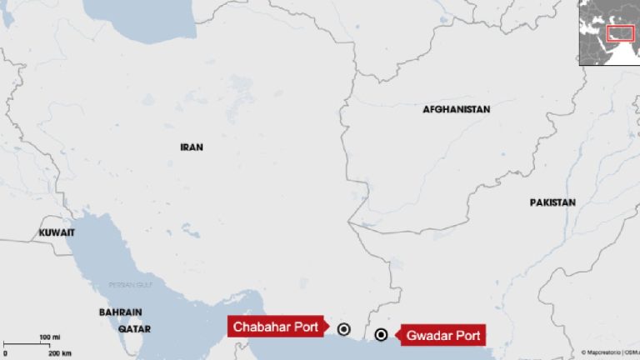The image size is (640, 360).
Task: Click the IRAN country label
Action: click(x=191, y=147)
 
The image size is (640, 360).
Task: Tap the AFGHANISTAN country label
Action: click(x=456, y=109)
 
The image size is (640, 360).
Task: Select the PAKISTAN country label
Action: click(x=552, y=202)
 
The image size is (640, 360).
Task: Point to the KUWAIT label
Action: click(x=57, y=232)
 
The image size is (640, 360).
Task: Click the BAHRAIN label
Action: click(x=120, y=312)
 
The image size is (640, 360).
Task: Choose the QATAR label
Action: click(x=134, y=330)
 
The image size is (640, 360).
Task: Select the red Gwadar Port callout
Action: click(x=441, y=337)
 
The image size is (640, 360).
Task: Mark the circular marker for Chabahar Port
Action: click(x=343, y=328)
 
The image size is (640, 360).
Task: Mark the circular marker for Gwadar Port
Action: click(x=381, y=335)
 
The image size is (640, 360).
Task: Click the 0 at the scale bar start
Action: click(x=6, y=353)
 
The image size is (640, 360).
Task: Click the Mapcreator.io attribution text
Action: click(x=602, y=352)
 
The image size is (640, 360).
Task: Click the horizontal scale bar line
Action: click(x=33, y=344)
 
